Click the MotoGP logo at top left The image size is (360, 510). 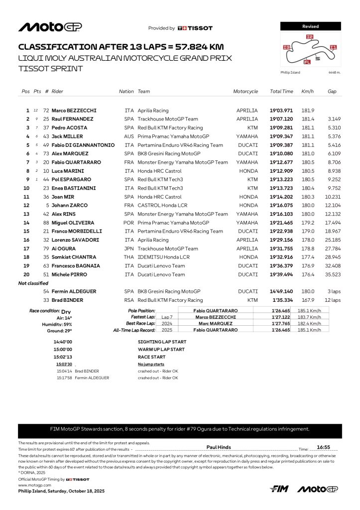pos(50,27)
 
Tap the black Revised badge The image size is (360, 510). pos(310,26)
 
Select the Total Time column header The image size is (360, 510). pos(281,92)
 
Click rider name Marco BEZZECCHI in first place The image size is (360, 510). pos(74,111)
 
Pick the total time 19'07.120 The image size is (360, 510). pos(281,119)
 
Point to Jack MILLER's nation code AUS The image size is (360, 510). pos(129,136)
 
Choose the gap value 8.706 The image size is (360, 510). pos(334,162)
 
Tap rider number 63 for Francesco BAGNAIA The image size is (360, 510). pos(46,266)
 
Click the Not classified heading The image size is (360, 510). pos(33,283)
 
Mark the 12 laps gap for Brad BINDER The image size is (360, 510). pos(333,300)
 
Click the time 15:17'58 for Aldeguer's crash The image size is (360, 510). pos(65,378)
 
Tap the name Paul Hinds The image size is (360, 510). pos(219,447)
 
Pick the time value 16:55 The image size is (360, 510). pos(324,448)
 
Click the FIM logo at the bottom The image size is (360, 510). pos(280,489)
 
